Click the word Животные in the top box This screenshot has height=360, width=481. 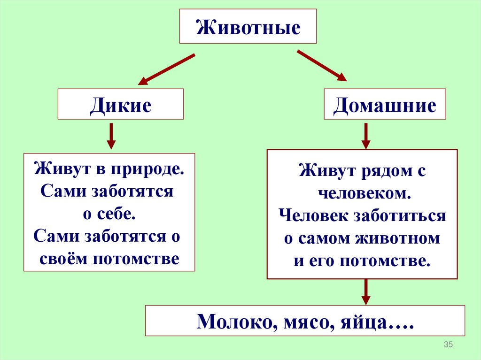click(x=248, y=27)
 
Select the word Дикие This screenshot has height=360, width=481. click(x=121, y=105)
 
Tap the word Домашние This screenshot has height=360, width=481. click(x=385, y=105)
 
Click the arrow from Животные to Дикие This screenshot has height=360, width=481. click(x=167, y=69)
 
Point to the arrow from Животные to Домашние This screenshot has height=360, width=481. click(x=322, y=66)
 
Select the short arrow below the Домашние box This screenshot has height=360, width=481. click(x=366, y=136)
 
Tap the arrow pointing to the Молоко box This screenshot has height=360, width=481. click(x=366, y=292)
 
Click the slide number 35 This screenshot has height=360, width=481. click(x=448, y=345)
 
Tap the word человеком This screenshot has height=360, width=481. click(x=362, y=193)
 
